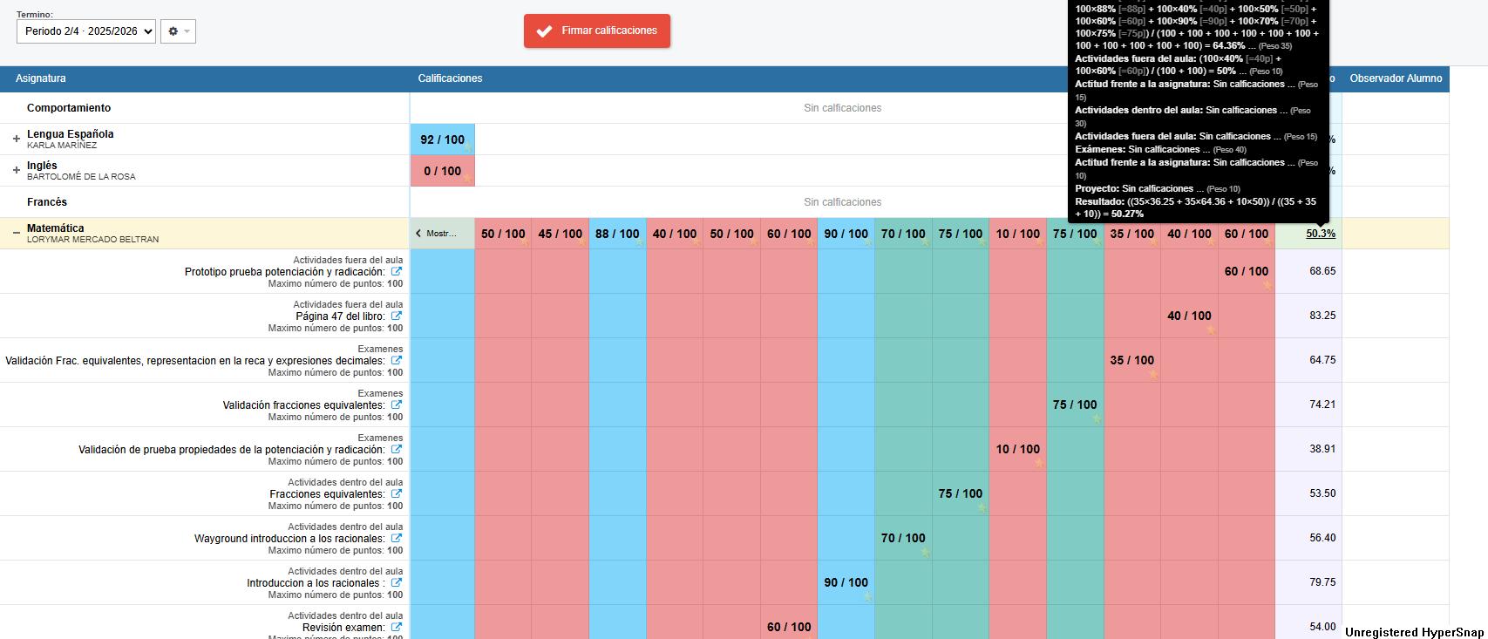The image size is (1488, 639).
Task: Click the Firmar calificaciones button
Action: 597,31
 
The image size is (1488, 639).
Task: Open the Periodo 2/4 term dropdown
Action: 85,31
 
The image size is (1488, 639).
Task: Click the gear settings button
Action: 178,31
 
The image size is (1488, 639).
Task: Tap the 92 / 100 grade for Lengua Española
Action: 442,139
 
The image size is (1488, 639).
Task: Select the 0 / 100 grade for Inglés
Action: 442,171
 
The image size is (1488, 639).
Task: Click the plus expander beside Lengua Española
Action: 16,139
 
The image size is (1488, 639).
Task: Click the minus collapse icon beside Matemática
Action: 16,233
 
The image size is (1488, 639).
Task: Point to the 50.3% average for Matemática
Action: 1320,234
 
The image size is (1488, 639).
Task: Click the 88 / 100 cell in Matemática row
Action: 617,234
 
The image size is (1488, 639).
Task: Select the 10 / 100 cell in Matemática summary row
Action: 1017,234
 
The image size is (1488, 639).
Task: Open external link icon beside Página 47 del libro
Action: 397,316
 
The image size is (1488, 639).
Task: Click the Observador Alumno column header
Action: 1395,78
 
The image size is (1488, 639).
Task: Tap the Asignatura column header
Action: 41,78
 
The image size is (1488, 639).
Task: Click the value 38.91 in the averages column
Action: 1322,449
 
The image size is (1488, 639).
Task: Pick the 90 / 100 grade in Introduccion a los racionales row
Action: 846,582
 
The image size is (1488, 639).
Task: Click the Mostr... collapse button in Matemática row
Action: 442,234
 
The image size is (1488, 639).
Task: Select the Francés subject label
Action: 47,202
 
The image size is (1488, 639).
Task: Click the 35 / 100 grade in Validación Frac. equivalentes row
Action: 1131,360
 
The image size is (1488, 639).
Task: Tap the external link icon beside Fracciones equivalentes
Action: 397,493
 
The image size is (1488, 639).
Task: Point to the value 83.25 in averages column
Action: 1322,316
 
